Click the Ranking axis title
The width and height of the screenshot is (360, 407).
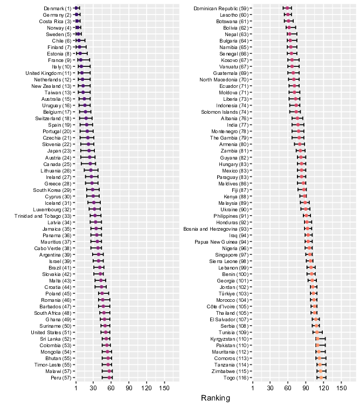coord(216,398)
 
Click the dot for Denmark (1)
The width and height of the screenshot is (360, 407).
coord(76,8)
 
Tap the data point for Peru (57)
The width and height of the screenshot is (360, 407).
coord(109,378)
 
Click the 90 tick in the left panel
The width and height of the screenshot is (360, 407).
coord(129,388)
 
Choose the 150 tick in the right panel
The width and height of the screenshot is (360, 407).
coord(341,388)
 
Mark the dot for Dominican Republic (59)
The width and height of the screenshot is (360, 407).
coord(287,8)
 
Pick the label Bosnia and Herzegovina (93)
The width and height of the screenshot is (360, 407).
coord(216,229)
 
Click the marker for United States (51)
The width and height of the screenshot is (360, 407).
coord(106,332)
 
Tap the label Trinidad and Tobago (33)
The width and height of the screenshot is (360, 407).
coord(43,216)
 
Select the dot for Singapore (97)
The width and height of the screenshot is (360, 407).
coord(310,254)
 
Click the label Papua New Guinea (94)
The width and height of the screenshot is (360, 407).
coord(221,242)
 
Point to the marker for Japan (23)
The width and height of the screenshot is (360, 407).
coord(89,151)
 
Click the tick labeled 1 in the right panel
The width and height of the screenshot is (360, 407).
coord(253,388)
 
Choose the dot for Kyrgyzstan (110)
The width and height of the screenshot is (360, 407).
coord(317,339)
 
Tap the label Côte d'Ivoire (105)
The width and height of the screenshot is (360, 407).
coord(227,307)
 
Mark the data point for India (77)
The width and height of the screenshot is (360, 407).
coord(298,125)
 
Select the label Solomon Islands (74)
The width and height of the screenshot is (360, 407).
coord(225,112)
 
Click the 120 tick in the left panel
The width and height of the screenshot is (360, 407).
coord(147,388)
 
